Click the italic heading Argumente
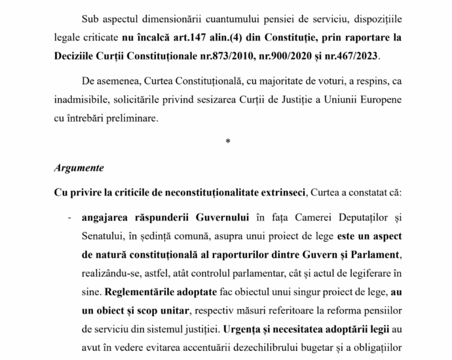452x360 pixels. (x=79, y=168)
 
